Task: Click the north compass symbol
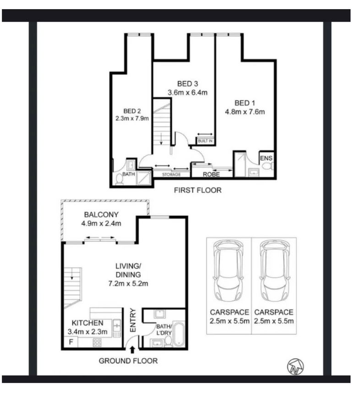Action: click(x=295, y=366)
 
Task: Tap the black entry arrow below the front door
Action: click(x=132, y=350)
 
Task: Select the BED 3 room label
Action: click(x=187, y=84)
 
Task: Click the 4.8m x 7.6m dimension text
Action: click(x=245, y=112)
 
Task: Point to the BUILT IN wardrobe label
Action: click(x=205, y=141)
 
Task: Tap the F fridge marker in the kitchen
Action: click(x=71, y=342)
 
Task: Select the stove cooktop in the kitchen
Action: click(x=97, y=342)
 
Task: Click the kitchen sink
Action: click(x=117, y=325)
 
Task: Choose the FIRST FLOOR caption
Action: click(x=197, y=190)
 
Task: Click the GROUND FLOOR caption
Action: click(x=128, y=361)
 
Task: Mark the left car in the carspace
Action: click(x=229, y=270)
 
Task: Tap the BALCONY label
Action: click(x=101, y=215)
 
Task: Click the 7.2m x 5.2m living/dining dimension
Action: click(x=128, y=284)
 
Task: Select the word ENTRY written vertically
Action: click(x=133, y=320)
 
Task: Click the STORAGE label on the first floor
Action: click(x=171, y=175)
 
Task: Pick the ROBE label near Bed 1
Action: click(x=211, y=175)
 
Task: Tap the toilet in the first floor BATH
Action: click(x=119, y=179)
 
